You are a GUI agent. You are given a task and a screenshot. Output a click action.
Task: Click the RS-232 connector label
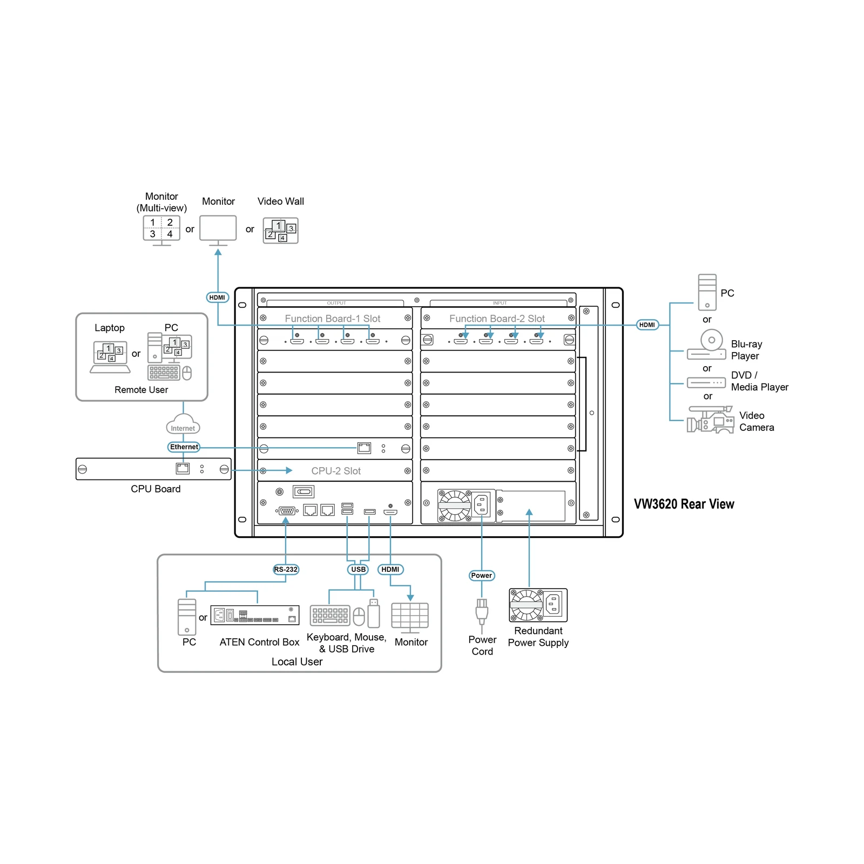click(286, 569)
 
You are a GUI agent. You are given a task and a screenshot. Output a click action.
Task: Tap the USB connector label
click(358, 569)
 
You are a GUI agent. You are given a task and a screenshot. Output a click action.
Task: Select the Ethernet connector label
click(184, 447)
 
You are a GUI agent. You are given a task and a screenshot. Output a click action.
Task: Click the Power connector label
click(481, 575)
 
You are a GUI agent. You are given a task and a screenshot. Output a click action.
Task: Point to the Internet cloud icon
click(183, 424)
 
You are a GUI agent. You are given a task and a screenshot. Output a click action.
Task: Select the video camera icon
click(710, 420)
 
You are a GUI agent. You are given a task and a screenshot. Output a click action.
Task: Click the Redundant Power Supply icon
click(538, 605)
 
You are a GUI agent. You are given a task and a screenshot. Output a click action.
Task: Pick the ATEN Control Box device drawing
click(255, 615)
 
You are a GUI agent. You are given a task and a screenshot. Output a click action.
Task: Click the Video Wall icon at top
click(280, 231)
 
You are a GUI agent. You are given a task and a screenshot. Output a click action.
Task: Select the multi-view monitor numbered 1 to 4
click(161, 230)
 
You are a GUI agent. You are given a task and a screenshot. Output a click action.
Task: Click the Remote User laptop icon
click(110, 357)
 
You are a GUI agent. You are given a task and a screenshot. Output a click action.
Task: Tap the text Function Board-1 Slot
click(333, 319)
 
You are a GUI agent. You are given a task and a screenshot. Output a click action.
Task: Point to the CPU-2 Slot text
click(336, 471)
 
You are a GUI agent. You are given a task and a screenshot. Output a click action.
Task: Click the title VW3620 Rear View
click(684, 504)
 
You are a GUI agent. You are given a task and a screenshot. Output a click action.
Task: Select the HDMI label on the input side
click(647, 325)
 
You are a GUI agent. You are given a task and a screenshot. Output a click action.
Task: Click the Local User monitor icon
click(410, 618)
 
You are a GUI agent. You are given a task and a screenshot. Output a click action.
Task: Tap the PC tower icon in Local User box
click(187, 617)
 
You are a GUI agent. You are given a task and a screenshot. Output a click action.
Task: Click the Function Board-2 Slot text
click(497, 319)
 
